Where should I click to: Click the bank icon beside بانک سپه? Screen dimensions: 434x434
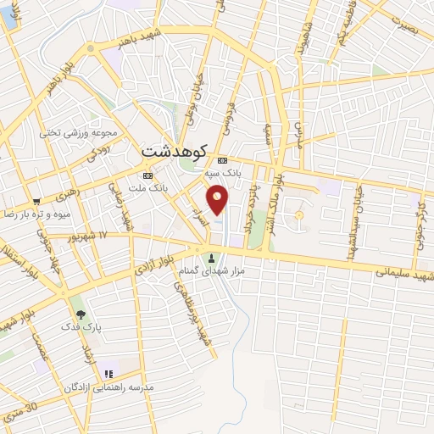[222, 160]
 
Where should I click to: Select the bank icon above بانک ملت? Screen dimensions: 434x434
[148, 175]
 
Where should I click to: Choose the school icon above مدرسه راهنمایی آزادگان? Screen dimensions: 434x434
[108, 374]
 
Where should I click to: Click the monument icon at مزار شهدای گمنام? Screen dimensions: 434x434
[211, 257]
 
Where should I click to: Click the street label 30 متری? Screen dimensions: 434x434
[20, 412]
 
